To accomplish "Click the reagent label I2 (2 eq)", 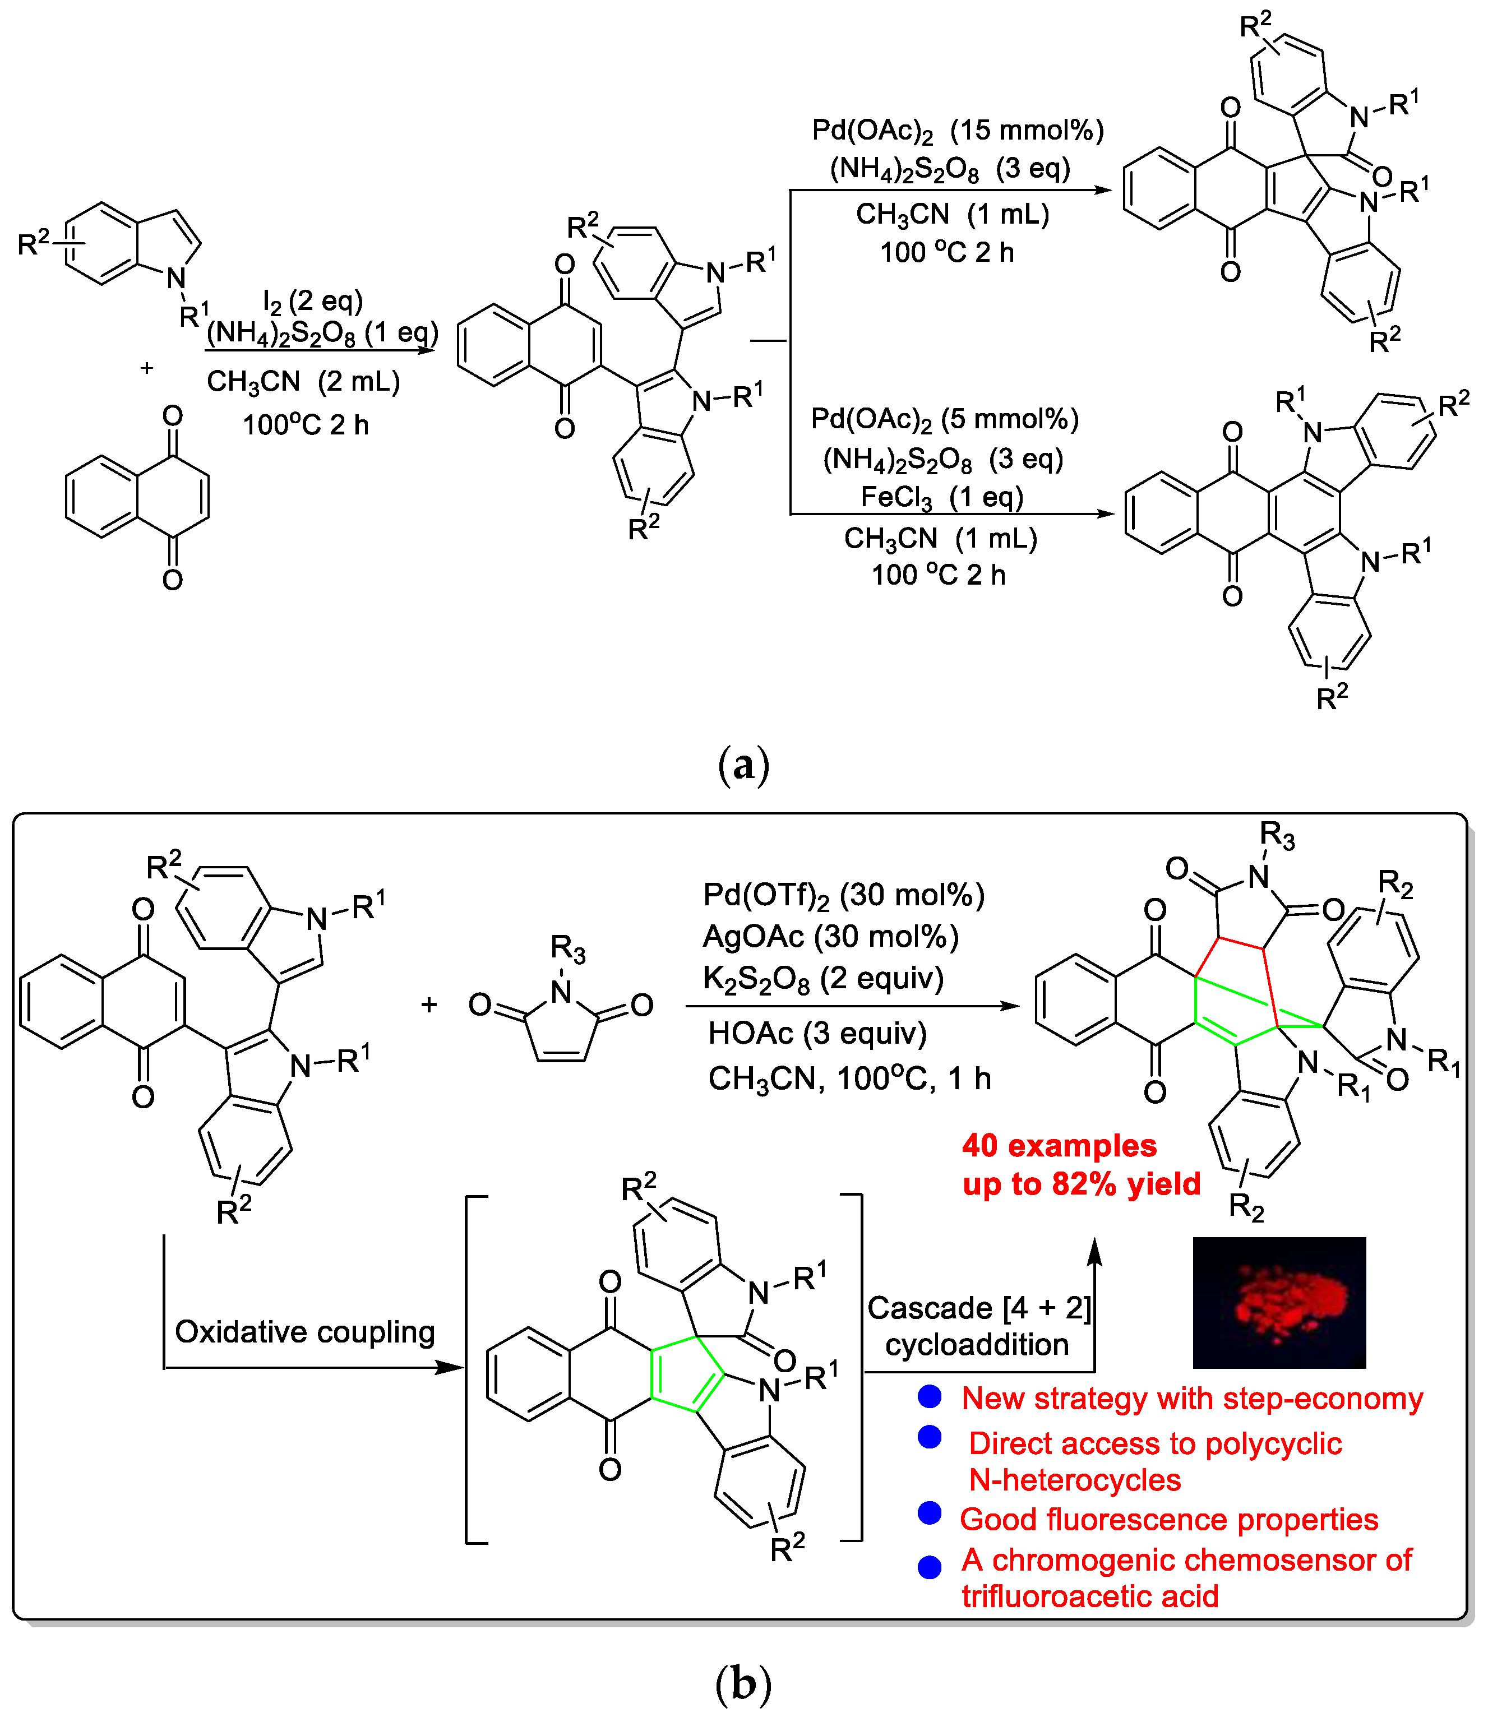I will point(312,301).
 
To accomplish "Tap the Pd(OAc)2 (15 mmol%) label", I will point(957,131).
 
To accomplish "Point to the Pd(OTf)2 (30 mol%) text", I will point(843,895).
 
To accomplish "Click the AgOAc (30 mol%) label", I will point(830,937).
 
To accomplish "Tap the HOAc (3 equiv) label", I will point(816,1034).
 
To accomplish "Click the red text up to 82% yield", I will point(1080,1183).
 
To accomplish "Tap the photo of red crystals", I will point(1278,1302).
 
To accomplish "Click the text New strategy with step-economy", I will point(1191,1399).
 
